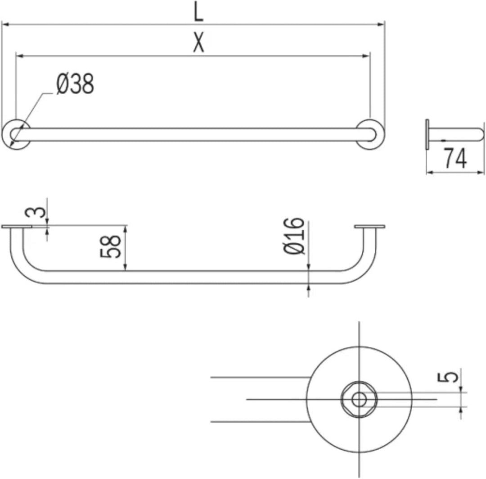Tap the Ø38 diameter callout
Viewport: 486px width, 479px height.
(75, 83)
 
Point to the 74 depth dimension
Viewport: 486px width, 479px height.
(455, 158)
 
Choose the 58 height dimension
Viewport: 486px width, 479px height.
(110, 246)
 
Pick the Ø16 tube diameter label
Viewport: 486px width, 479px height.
(294, 236)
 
